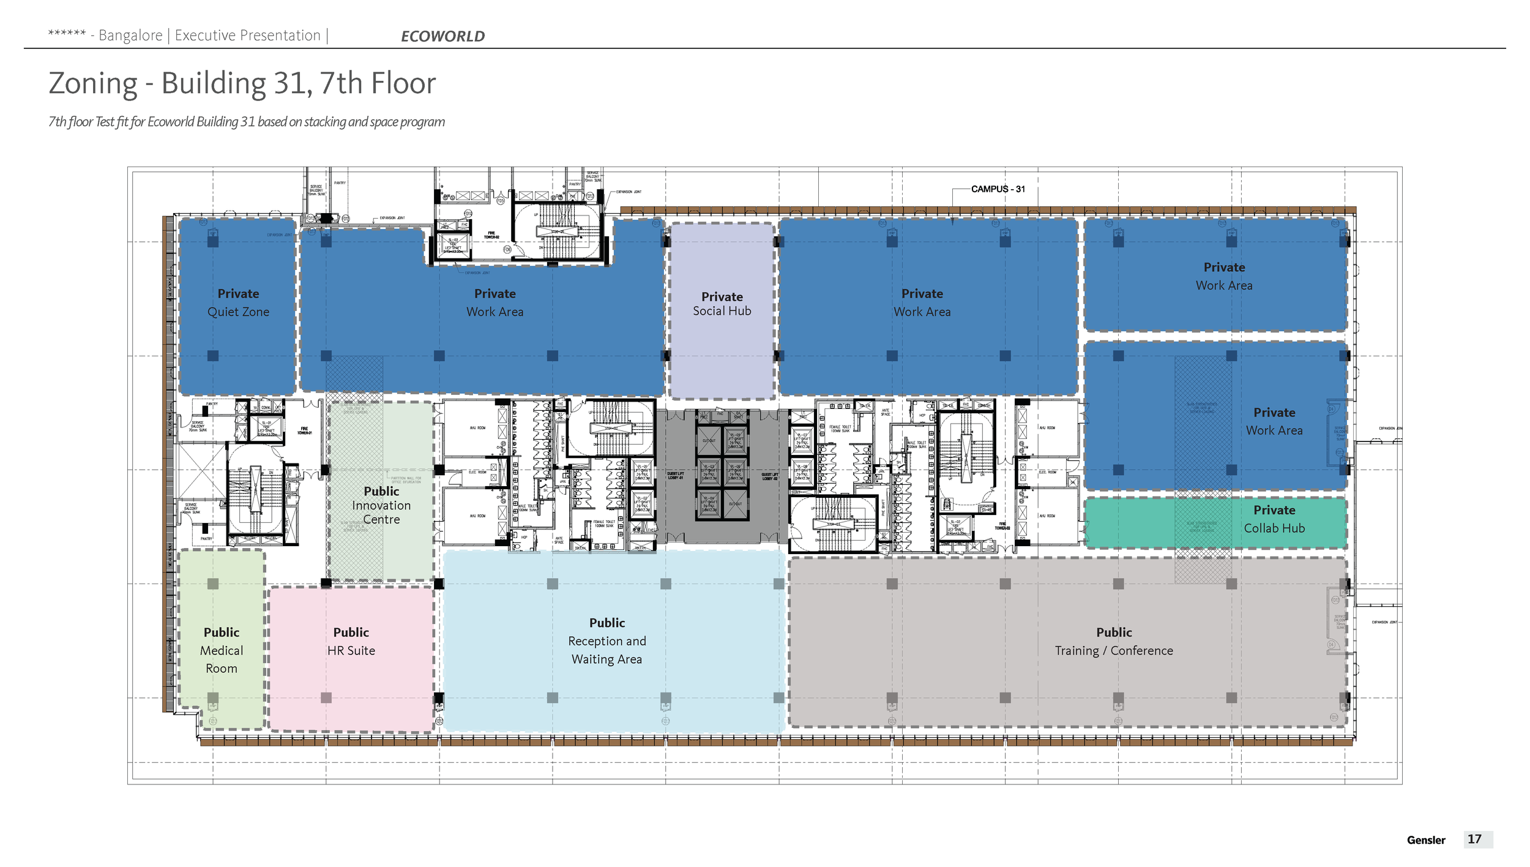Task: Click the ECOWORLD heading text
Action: [442, 36]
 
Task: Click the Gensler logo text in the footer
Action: [1425, 840]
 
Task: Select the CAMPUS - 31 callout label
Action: [998, 189]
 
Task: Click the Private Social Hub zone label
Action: [722, 304]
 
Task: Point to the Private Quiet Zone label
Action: [238, 302]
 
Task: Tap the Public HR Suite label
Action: [351, 641]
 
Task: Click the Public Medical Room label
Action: [222, 650]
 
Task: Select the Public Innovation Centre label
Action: [381, 505]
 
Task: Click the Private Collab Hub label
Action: [1274, 519]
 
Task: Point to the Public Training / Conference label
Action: [1113, 641]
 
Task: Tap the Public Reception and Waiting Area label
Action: [606, 640]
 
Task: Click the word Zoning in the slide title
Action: [93, 83]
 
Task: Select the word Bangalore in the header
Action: [130, 36]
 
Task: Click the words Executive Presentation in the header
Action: [247, 36]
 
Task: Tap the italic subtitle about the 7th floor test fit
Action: [247, 122]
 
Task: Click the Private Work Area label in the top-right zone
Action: [1223, 276]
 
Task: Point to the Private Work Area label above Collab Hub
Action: [1274, 421]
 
